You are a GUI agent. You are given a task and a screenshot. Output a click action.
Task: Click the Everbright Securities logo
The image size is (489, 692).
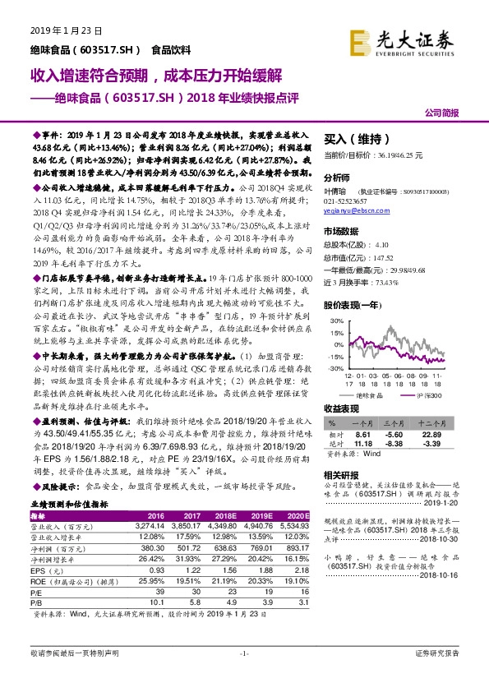tap(402, 39)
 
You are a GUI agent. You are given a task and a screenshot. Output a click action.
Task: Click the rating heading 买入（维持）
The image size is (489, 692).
tap(355, 139)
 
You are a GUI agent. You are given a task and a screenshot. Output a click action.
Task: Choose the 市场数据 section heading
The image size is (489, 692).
tap(344, 233)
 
